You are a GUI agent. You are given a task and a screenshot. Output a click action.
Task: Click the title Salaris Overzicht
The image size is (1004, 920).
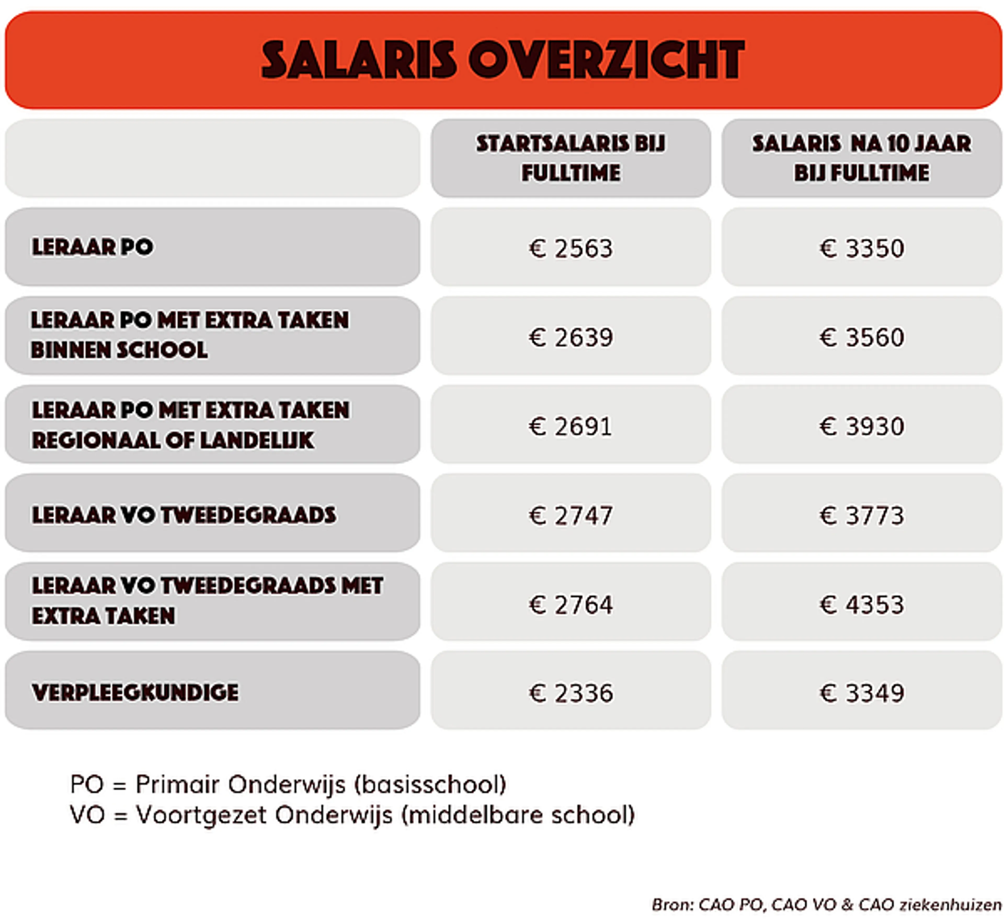click(503, 60)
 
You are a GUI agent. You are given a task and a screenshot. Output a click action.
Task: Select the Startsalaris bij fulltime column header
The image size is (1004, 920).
click(571, 158)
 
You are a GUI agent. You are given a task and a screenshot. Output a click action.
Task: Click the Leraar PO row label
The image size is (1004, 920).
click(93, 247)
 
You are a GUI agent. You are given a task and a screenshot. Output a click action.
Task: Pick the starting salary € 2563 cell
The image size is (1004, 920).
click(571, 248)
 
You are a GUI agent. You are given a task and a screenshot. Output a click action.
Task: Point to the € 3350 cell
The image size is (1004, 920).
click(862, 248)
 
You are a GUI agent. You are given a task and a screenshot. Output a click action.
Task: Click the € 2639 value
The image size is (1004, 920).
click(571, 337)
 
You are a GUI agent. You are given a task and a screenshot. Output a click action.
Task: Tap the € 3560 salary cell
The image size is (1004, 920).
click(862, 337)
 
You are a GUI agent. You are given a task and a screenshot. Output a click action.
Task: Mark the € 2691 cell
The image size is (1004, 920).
click(571, 426)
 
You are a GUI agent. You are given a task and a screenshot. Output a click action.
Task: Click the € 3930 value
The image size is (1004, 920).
click(862, 426)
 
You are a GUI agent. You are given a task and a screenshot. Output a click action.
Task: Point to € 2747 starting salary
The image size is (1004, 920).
click(571, 515)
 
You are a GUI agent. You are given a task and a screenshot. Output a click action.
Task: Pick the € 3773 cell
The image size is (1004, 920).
click(862, 515)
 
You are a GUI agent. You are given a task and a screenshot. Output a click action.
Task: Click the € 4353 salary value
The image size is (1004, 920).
click(862, 604)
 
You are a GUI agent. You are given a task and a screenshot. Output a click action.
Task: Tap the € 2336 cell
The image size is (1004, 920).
click(571, 693)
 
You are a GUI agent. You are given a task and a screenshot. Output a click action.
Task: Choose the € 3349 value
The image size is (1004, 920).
click(862, 693)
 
